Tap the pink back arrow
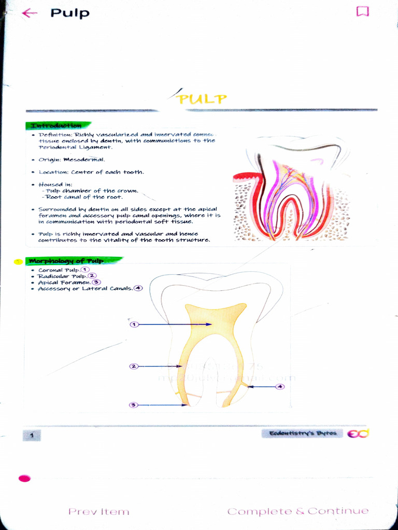[x=30, y=13]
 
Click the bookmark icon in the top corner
[x=362, y=11]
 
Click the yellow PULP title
[x=202, y=99]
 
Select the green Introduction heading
[x=56, y=126]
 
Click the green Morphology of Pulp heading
[x=66, y=261]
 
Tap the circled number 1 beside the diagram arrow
[x=134, y=325]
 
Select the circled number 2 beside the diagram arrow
[x=134, y=366]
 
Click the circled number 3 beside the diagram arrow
[x=134, y=405]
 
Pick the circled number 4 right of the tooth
[x=280, y=387]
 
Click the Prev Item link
[x=98, y=511]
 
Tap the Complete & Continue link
[x=298, y=511]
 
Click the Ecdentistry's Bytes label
[x=303, y=433]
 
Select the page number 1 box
[x=32, y=436]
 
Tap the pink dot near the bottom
[x=24, y=478]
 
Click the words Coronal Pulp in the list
[x=59, y=270]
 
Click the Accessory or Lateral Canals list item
[x=85, y=289]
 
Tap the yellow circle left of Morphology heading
[x=18, y=261]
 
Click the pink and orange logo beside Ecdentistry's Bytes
[x=358, y=434]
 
